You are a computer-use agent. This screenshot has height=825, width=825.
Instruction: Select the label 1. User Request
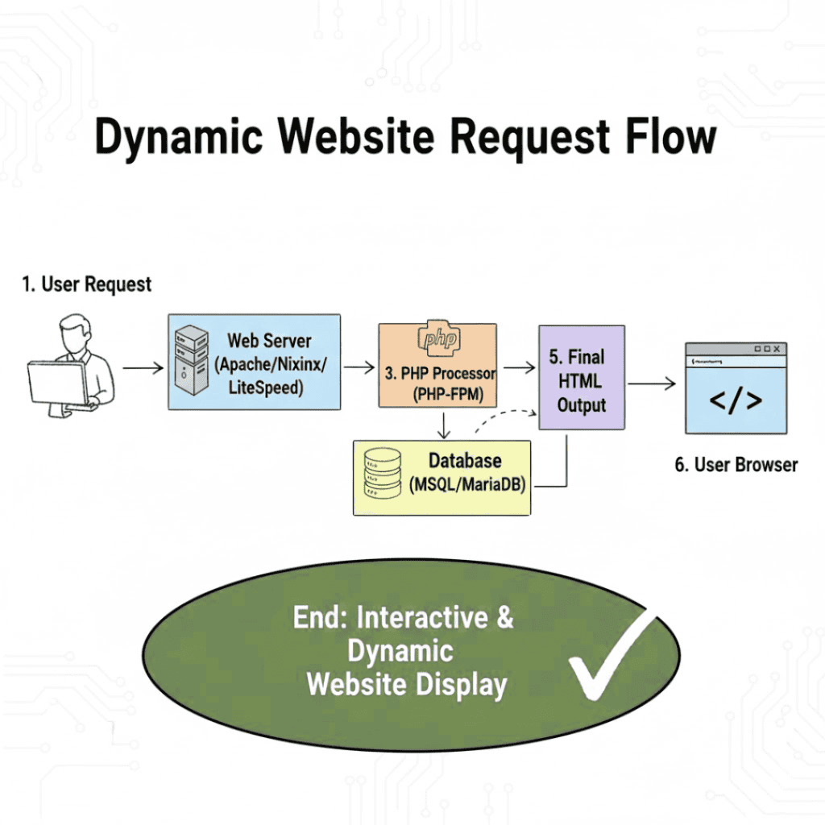[86, 284]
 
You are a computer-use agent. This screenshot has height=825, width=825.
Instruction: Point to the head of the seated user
[76, 334]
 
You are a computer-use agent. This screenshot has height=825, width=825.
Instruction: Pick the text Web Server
[270, 341]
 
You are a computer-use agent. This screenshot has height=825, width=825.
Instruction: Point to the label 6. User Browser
[736, 465]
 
